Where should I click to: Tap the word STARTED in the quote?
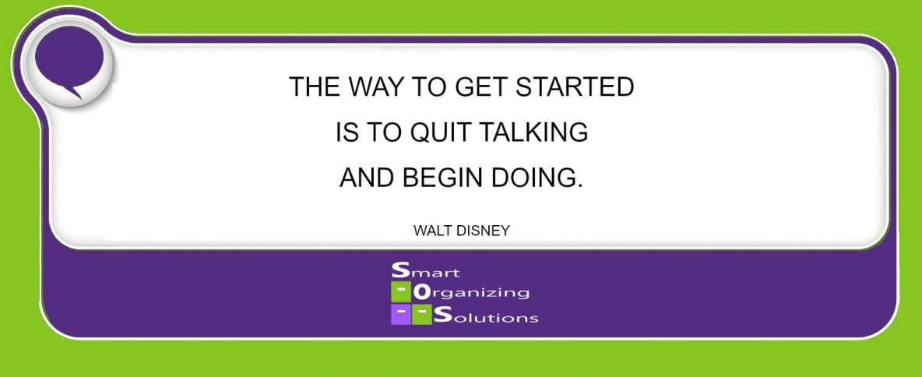[x=575, y=87]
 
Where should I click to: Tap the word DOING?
[x=531, y=177]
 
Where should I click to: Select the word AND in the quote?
[x=368, y=177]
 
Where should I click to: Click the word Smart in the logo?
[x=426, y=270]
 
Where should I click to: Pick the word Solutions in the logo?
[x=486, y=315]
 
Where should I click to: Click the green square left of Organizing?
[x=401, y=292]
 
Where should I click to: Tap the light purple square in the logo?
[x=401, y=315]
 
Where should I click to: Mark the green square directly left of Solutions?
[x=422, y=315]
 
